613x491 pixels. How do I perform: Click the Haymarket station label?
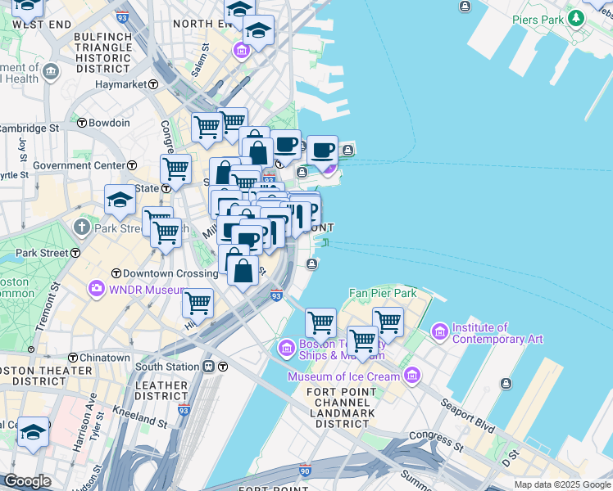[x=120, y=84]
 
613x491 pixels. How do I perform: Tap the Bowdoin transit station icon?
[x=82, y=123]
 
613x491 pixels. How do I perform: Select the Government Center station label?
[x=79, y=165]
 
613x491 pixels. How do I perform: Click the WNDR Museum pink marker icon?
[x=98, y=288]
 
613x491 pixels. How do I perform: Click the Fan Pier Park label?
[x=383, y=293]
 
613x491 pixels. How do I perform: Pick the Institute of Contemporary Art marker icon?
[x=439, y=331]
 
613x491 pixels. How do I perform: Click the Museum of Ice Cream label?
[x=343, y=376]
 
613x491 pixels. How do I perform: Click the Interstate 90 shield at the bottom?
[x=305, y=471]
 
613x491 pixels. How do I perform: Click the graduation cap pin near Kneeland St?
[x=34, y=431]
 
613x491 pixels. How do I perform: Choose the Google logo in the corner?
[x=27, y=481]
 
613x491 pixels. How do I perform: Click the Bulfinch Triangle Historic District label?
[x=102, y=54]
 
